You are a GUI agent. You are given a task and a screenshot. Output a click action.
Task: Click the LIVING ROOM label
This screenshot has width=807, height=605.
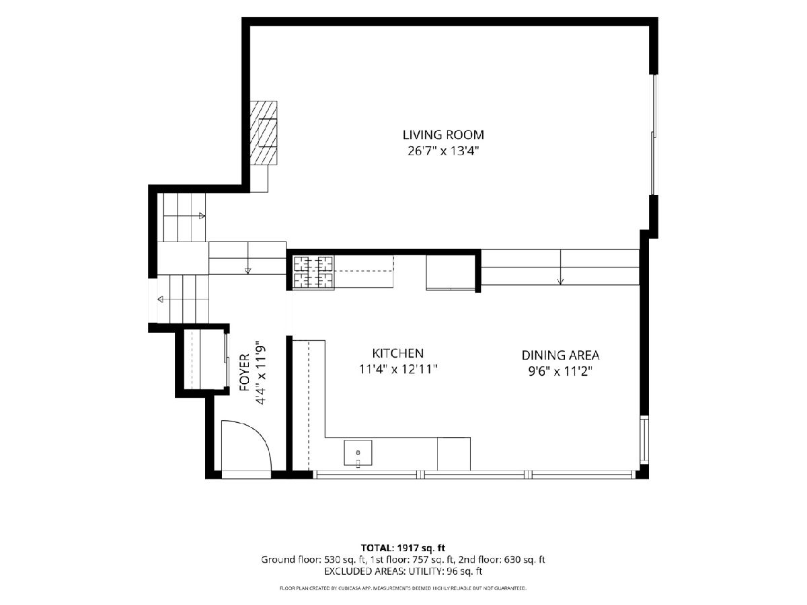[443, 135]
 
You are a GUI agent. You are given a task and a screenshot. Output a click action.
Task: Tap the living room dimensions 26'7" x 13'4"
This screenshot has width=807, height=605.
[443, 151]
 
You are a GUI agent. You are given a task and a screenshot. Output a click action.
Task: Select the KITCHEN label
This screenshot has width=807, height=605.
[398, 353]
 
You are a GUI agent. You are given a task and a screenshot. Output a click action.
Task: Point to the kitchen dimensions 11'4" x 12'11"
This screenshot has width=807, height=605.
[398, 369]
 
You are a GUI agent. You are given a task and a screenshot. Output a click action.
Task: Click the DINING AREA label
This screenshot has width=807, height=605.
[560, 355]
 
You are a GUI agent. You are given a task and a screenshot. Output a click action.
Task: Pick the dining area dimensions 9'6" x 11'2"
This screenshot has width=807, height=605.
[561, 372]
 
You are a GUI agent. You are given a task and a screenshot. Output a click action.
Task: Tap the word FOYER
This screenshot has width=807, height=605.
[245, 372]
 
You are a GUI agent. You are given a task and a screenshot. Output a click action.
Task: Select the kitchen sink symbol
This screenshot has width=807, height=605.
[358, 453]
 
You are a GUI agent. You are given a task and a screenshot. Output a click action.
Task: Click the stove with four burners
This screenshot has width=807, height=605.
[313, 272]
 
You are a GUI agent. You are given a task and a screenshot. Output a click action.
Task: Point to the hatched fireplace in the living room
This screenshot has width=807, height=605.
[263, 133]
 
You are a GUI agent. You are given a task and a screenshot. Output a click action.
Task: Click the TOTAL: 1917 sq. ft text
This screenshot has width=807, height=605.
[403, 548]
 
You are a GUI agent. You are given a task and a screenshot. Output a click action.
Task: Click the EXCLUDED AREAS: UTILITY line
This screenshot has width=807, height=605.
[403, 571]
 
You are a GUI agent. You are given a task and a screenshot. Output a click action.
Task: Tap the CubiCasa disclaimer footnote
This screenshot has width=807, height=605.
[403, 588]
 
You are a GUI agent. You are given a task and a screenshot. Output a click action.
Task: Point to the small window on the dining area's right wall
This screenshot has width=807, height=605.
[644, 440]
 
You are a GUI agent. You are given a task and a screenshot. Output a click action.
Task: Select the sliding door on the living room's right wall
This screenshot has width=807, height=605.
[654, 135]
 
